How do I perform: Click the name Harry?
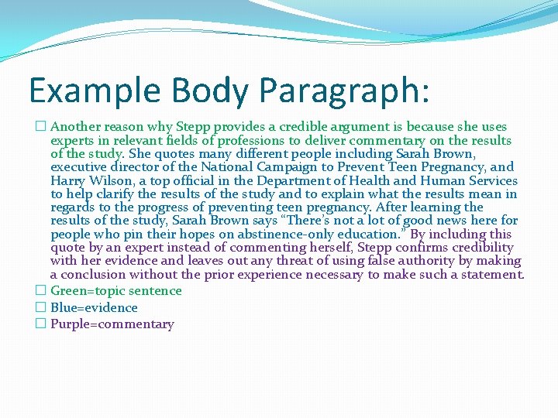tap(68, 180)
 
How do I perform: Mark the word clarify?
tap(113, 194)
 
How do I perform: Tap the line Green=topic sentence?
tap(116, 291)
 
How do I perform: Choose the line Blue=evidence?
tap(94, 308)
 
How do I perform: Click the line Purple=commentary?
tap(112, 324)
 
